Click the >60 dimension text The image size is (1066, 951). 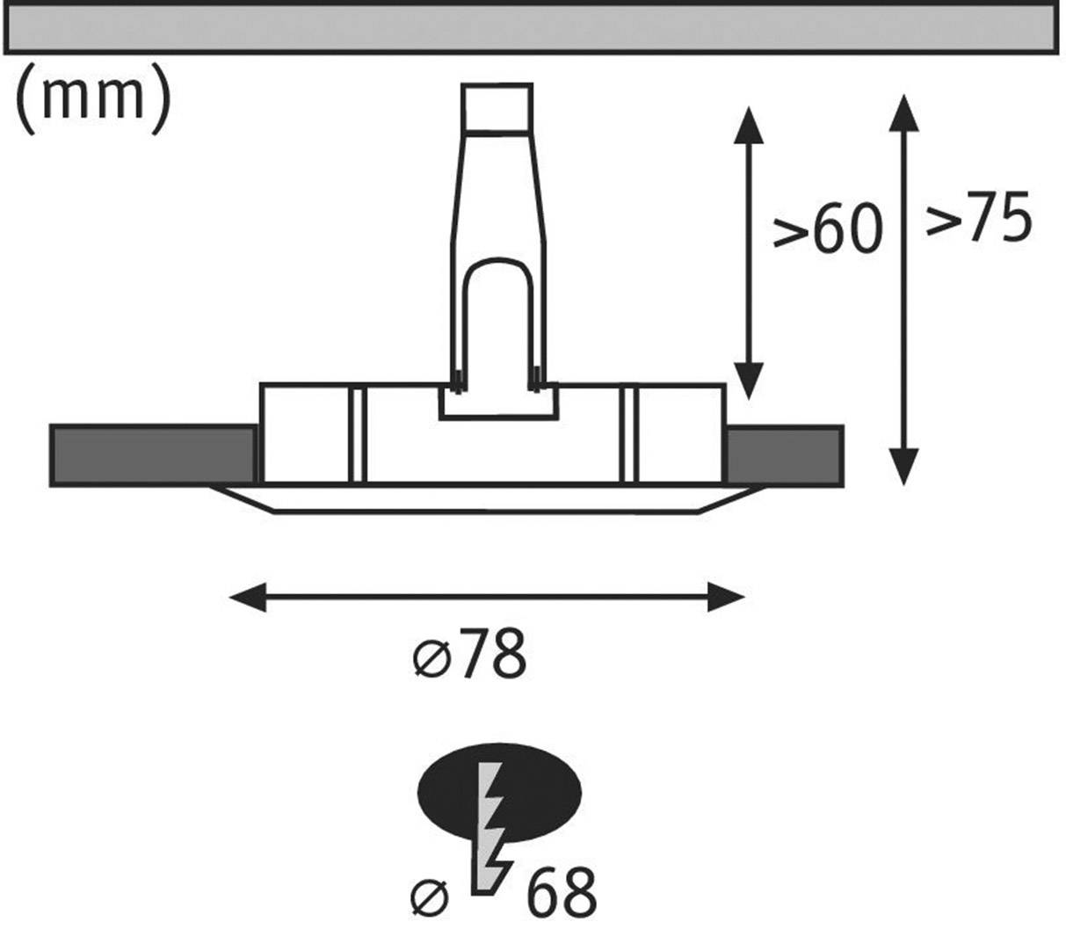click(826, 229)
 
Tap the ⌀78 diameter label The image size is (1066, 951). click(470, 655)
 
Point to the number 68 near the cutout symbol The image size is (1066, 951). click(562, 894)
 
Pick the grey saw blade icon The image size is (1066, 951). click(490, 826)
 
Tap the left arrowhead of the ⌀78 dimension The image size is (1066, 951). click(246, 598)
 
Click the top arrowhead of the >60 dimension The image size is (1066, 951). click(748, 123)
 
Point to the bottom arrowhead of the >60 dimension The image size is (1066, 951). click(748, 382)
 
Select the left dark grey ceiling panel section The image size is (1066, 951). click(154, 455)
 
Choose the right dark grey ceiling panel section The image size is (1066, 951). click(784, 455)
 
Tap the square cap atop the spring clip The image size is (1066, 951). click(497, 107)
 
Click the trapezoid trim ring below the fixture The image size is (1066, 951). click(488, 498)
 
